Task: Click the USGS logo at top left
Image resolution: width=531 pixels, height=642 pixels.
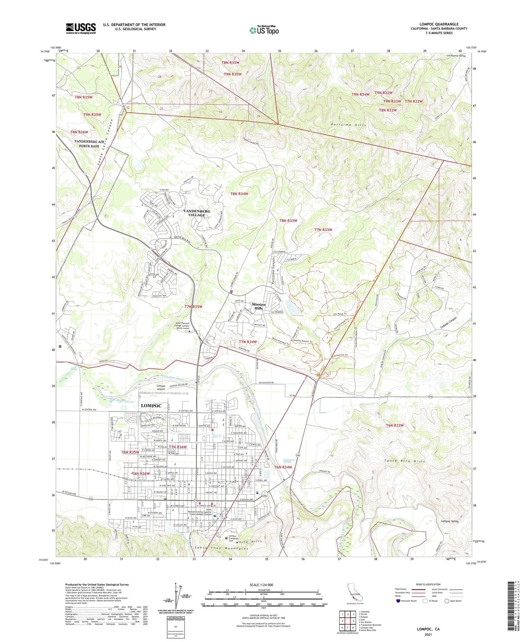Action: tap(81, 28)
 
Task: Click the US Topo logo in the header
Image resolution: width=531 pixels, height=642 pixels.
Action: tap(264, 30)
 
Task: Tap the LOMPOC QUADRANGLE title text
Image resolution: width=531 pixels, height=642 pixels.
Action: tap(439, 24)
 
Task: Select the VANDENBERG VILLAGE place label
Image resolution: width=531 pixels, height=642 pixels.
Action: tap(197, 213)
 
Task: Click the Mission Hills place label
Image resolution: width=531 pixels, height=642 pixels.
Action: tap(258, 306)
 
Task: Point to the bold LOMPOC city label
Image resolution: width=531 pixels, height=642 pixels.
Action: tap(151, 406)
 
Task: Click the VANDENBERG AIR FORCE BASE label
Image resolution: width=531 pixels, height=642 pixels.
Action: tap(87, 143)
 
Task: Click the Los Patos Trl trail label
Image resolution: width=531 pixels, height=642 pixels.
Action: tap(340, 314)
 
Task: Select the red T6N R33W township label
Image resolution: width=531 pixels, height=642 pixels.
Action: tap(395, 425)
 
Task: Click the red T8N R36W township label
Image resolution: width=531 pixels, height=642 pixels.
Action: tap(79, 132)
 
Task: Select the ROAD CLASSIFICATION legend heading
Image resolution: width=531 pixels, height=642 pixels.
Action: tap(428, 584)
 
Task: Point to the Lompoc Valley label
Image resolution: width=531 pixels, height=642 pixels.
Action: tap(450, 521)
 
